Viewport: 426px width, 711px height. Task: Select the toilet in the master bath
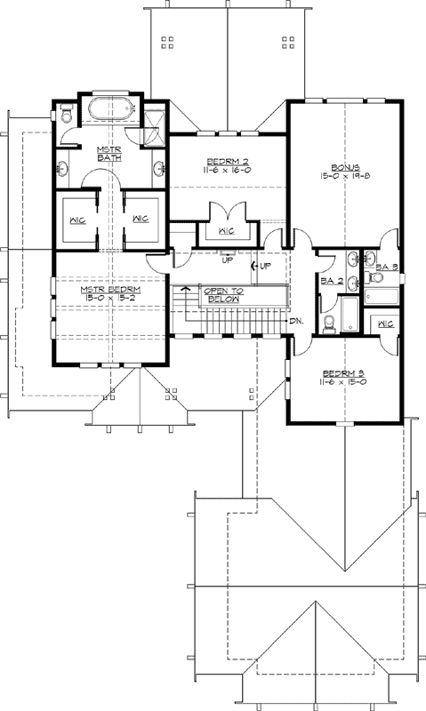tap(68, 115)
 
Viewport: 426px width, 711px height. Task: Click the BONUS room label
tap(344, 167)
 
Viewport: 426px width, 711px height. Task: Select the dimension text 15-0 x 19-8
tap(344, 178)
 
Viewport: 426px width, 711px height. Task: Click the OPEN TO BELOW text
tap(223, 295)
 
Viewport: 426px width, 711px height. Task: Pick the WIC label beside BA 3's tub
tap(385, 324)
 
